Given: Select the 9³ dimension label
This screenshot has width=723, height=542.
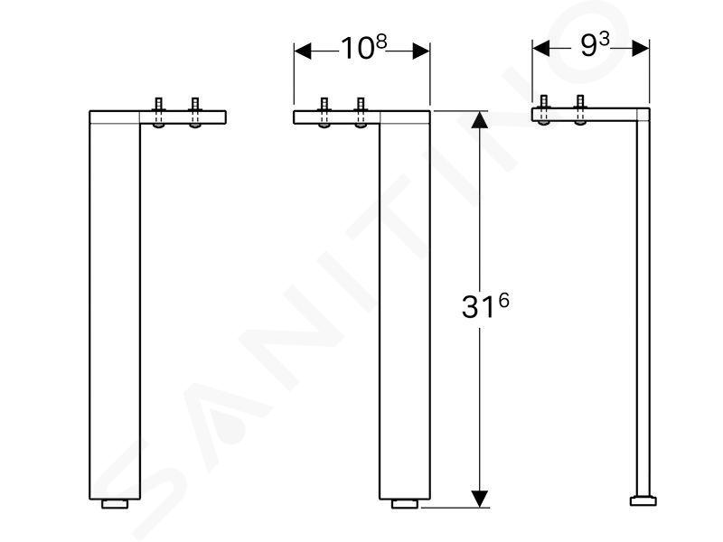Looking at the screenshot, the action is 595,45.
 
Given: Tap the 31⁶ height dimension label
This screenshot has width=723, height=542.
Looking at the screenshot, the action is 485,306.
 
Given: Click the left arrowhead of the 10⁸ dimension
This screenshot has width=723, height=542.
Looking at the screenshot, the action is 303,51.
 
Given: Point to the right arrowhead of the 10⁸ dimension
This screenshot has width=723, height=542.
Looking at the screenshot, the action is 421,51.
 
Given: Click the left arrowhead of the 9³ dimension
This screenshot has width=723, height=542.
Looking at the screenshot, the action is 541,48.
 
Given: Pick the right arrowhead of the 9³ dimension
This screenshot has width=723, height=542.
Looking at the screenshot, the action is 641,48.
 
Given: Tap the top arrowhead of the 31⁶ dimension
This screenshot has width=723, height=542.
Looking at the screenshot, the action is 480,120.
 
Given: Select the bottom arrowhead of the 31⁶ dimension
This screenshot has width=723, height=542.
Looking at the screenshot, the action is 480,500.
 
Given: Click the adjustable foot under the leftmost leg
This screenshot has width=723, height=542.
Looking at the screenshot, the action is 115,504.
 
